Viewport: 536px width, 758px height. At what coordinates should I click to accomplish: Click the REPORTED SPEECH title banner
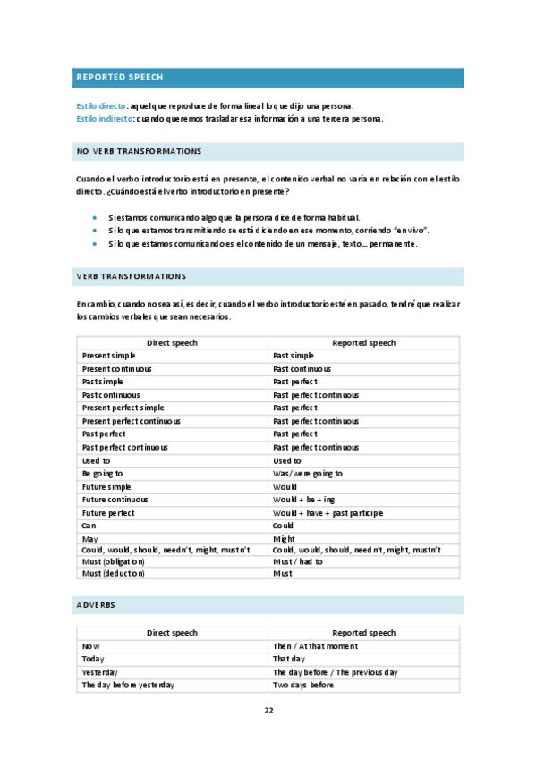(268, 78)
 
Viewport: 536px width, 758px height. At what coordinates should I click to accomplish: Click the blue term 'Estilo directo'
(101, 105)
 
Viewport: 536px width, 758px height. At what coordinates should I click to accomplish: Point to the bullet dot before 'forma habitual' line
(94, 217)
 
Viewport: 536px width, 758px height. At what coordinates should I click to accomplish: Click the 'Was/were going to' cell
(307, 473)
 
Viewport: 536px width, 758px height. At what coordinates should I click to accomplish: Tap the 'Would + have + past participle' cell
(328, 513)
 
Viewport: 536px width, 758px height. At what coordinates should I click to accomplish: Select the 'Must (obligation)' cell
(112, 560)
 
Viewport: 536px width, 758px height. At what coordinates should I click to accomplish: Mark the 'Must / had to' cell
(297, 560)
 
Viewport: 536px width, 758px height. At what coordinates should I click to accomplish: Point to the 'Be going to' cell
(102, 473)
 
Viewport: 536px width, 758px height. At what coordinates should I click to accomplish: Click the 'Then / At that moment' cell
(315, 645)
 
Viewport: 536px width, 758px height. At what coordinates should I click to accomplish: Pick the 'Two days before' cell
(302, 685)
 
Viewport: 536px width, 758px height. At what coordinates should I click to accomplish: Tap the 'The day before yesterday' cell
(128, 685)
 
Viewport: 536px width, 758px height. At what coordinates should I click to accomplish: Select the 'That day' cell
(290, 659)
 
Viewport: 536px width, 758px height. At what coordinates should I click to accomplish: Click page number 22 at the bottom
(268, 711)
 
